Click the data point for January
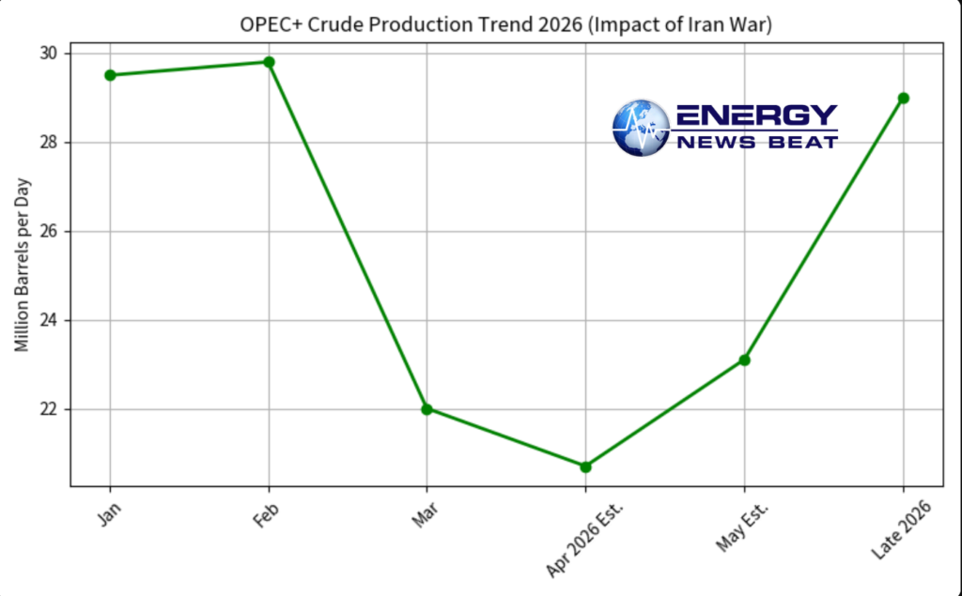(x=110, y=75)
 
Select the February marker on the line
(x=269, y=62)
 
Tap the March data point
(x=427, y=409)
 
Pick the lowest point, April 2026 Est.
(x=585, y=466)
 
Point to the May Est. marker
(x=744, y=359)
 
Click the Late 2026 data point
(x=903, y=98)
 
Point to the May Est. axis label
(x=742, y=526)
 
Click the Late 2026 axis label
(x=900, y=530)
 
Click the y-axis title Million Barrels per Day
(x=22, y=265)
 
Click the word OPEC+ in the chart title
(x=268, y=25)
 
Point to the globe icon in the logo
(x=641, y=128)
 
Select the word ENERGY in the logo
(x=756, y=115)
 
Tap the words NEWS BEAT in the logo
(x=756, y=142)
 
